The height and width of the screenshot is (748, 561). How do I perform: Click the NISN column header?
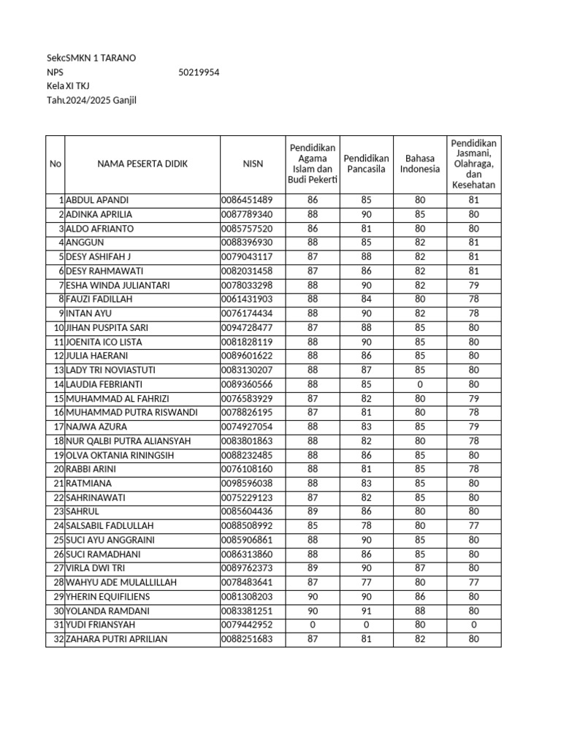click(253, 164)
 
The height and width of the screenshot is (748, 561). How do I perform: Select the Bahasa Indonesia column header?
click(420, 164)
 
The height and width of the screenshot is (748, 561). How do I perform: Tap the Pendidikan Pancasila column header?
click(366, 164)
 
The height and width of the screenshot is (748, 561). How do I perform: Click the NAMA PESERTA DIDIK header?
click(142, 164)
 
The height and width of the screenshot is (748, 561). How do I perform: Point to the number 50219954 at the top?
click(199, 72)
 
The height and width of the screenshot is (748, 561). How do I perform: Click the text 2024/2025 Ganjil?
click(101, 100)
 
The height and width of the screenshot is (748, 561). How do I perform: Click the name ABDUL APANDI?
click(97, 200)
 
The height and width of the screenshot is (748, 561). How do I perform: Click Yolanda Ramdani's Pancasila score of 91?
click(366, 611)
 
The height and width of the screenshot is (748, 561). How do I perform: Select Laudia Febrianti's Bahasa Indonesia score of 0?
click(420, 384)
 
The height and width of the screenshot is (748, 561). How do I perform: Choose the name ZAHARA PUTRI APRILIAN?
click(117, 639)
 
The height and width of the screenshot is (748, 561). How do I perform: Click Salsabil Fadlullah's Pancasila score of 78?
click(366, 526)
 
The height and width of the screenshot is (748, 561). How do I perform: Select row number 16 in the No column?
click(58, 413)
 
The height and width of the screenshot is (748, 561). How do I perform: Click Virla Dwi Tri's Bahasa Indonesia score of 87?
click(420, 568)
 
